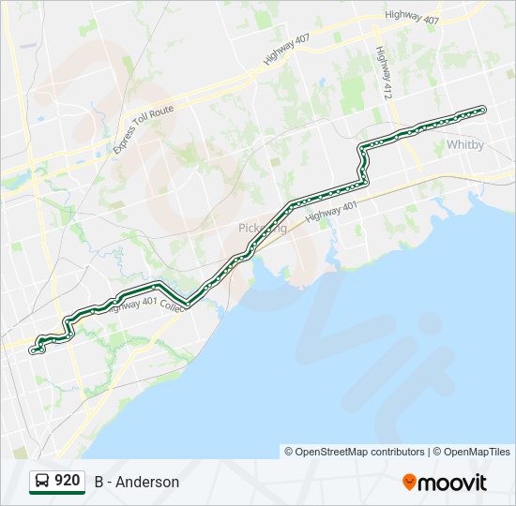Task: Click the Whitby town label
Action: (x=465, y=144)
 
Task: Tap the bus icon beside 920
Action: (x=41, y=482)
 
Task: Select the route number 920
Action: (x=67, y=481)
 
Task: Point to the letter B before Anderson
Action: (x=99, y=483)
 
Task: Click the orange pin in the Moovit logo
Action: (x=409, y=482)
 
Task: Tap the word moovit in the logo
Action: (x=453, y=483)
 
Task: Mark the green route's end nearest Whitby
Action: (x=483, y=110)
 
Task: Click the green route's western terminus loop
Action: (x=36, y=350)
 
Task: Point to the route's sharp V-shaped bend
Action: (x=188, y=303)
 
